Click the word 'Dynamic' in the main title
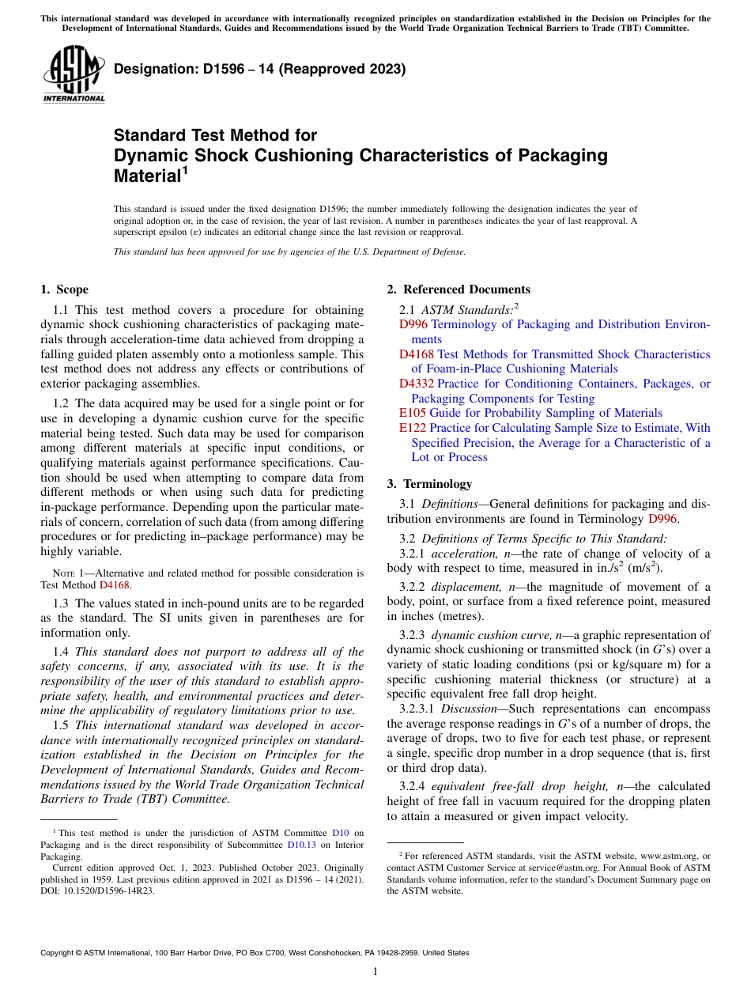click(154, 155)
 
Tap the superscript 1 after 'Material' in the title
click(185, 169)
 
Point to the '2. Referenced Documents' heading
click(458, 289)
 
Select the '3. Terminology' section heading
click(440, 484)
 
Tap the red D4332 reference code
click(417, 384)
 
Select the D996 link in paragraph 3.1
click(662, 519)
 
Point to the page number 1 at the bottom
click(375, 972)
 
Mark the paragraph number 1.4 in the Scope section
click(62, 652)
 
